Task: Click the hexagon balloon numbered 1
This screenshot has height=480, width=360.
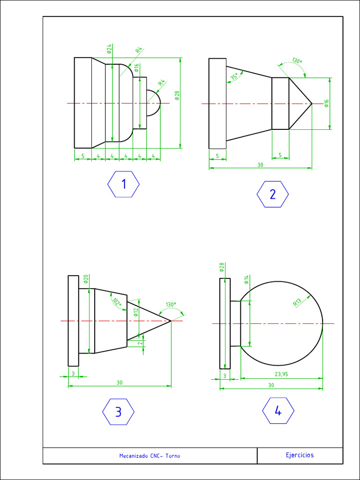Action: pyautogui.click(x=124, y=184)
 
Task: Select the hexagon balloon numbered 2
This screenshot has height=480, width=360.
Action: pyautogui.click(x=273, y=194)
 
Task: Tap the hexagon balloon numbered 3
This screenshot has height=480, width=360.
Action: pyautogui.click(x=118, y=412)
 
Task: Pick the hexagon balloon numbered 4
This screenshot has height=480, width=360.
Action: pyautogui.click(x=278, y=411)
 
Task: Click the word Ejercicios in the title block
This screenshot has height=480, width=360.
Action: pyautogui.click(x=300, y=455)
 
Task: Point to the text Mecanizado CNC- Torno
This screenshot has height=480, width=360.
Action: pyautogui.click(x=150, y=456)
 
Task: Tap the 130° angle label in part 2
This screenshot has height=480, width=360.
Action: pyautogui.click(x=297, y=61)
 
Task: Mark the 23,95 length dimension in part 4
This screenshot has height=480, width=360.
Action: pyautogui.click(x=281, y=374)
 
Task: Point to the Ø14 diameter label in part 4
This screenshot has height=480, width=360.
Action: pyautogui.click(x=247, y=280)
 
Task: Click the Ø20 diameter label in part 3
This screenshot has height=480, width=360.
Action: pyautogui.click(x=86, y=279)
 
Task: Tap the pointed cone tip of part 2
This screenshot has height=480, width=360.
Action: pyautogui.click(x=311, y=103)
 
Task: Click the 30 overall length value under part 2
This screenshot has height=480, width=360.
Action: pyautogui.click(x=260, y=165)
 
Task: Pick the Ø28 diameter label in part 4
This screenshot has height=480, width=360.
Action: pyautogui.click(x=222, y=267)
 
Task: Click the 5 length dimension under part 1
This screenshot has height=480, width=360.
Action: pyautogui.click(x=83, y=156)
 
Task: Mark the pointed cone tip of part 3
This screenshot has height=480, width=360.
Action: pyautogui.click(x=171, y=321)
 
